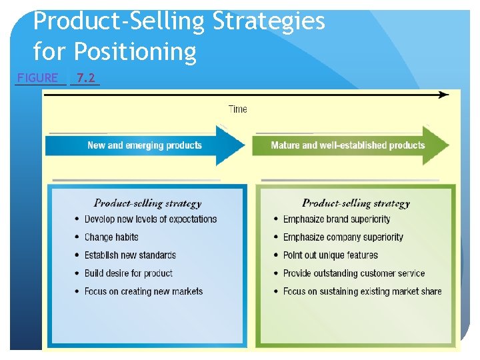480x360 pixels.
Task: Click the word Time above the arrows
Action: (237, 109)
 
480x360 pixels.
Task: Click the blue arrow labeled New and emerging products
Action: (145, 145)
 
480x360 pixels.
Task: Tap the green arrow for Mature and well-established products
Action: (348, 145)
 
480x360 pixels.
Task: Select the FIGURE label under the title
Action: (38, 77)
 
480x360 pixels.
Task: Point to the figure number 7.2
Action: (85, 77)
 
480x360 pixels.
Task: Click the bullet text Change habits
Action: (111, 237)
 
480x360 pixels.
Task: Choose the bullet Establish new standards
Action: (130, 255)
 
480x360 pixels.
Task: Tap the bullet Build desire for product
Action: (128, 273)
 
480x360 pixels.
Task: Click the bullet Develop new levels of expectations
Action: (151, 219)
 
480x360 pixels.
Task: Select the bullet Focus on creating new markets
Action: (143, 291)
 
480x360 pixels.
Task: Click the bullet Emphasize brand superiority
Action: (337, 219)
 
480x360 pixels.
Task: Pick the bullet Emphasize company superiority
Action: (343, 237)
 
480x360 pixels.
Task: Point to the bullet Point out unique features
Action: (330, 255)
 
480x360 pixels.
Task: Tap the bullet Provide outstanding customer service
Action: (354, 273)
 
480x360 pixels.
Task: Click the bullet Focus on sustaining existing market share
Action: (362, 291)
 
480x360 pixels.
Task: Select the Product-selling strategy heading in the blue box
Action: (147, 203)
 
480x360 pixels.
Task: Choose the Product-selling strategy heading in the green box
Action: (356, 203)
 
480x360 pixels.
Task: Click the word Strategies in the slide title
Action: (269, 21)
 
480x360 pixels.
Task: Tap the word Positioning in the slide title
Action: (135, 51)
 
